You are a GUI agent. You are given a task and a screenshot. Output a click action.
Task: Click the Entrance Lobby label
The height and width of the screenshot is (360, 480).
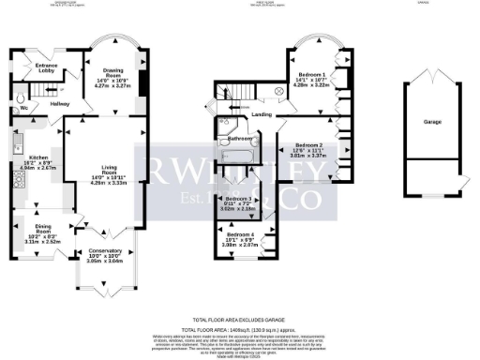[x=46, y=67]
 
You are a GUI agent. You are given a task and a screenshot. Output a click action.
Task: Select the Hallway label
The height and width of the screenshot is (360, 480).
[x=60, y=103]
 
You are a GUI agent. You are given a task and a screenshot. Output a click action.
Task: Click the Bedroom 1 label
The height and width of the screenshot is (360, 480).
[x=311, y=74]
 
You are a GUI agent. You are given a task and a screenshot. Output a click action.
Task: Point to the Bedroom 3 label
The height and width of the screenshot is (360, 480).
[x=242, y=200]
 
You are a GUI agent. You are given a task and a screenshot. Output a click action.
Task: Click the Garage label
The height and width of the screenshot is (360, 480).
[x=432, y=122]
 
